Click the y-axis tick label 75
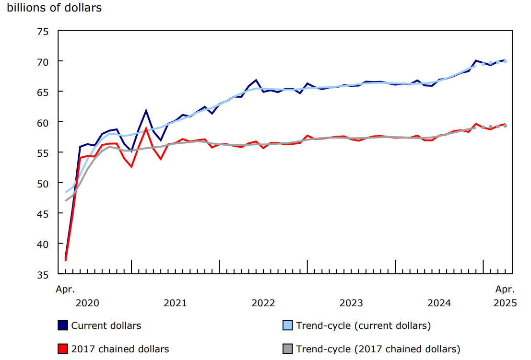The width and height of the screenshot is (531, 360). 43,31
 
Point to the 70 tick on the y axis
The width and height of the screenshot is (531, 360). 43,61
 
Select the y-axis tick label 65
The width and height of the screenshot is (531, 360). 43,92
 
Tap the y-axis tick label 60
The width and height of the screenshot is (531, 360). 43,122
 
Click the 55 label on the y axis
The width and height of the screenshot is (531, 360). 43,152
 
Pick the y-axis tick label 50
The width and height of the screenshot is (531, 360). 43,183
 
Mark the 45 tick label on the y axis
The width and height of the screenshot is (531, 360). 43,213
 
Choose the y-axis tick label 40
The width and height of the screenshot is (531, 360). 43,244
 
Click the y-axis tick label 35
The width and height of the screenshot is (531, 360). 43,274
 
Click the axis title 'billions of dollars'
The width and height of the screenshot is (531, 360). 54,8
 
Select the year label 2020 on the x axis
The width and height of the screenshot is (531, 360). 87,303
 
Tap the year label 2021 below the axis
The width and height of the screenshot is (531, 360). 175,303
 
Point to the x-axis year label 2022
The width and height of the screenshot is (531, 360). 263,303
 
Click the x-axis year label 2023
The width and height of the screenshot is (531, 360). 351,303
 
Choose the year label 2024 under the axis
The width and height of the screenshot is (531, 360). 439,303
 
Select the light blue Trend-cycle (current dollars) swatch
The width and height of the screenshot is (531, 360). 287,325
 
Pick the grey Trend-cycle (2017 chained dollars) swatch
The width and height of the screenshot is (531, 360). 287,349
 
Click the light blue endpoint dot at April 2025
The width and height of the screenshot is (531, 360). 505,61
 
